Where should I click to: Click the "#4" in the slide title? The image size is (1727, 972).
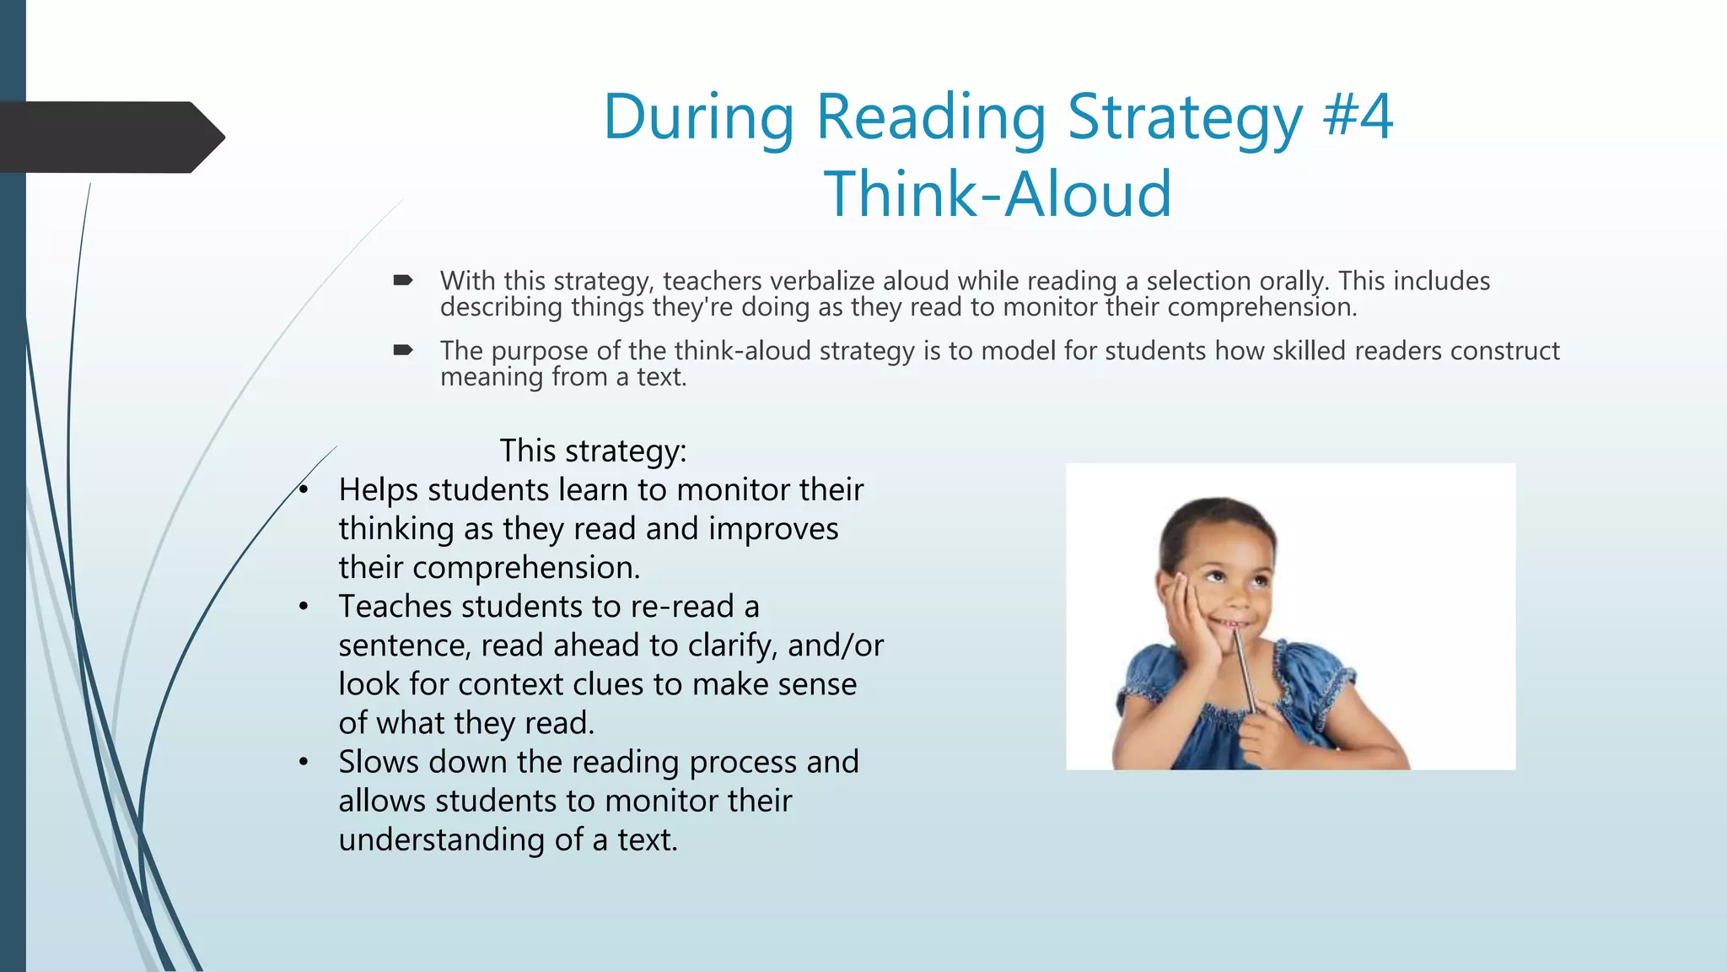(x=1358, y=116)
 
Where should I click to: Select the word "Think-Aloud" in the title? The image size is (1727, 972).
(x=998, y=194)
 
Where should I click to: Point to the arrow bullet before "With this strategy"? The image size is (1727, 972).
(x=403, y=280)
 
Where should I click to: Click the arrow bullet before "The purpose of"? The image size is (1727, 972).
(x=403, y=350)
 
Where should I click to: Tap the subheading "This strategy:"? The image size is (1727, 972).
(x=593, y=451)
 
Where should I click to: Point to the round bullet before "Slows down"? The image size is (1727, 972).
(x=304, y=763)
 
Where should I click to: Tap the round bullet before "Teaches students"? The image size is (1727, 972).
(x=304, y=607)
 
